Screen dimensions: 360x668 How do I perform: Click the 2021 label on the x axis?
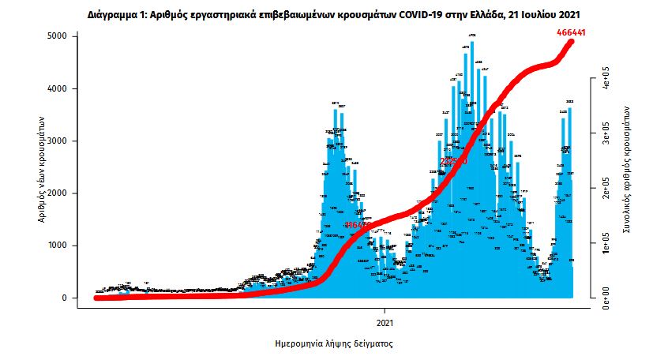point(385,324)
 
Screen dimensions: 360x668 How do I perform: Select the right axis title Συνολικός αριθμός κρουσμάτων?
point(625,167)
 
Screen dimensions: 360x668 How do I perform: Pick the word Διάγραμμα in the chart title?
point(110,15)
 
